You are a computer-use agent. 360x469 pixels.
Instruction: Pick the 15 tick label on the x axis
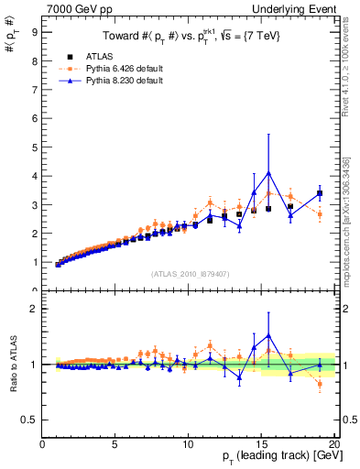coord(261,445)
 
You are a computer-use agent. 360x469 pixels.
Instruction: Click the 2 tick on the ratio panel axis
coord(34,309)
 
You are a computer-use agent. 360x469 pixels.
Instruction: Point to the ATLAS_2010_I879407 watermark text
coord(189,273)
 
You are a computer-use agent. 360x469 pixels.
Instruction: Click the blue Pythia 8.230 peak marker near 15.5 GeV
coord(268,172)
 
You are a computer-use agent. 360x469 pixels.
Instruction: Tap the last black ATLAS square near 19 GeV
coord(320,193)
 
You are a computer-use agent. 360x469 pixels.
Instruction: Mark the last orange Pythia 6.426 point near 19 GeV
coord(320,213)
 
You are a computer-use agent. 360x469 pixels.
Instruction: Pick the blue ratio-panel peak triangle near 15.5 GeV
coord(268,336)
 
